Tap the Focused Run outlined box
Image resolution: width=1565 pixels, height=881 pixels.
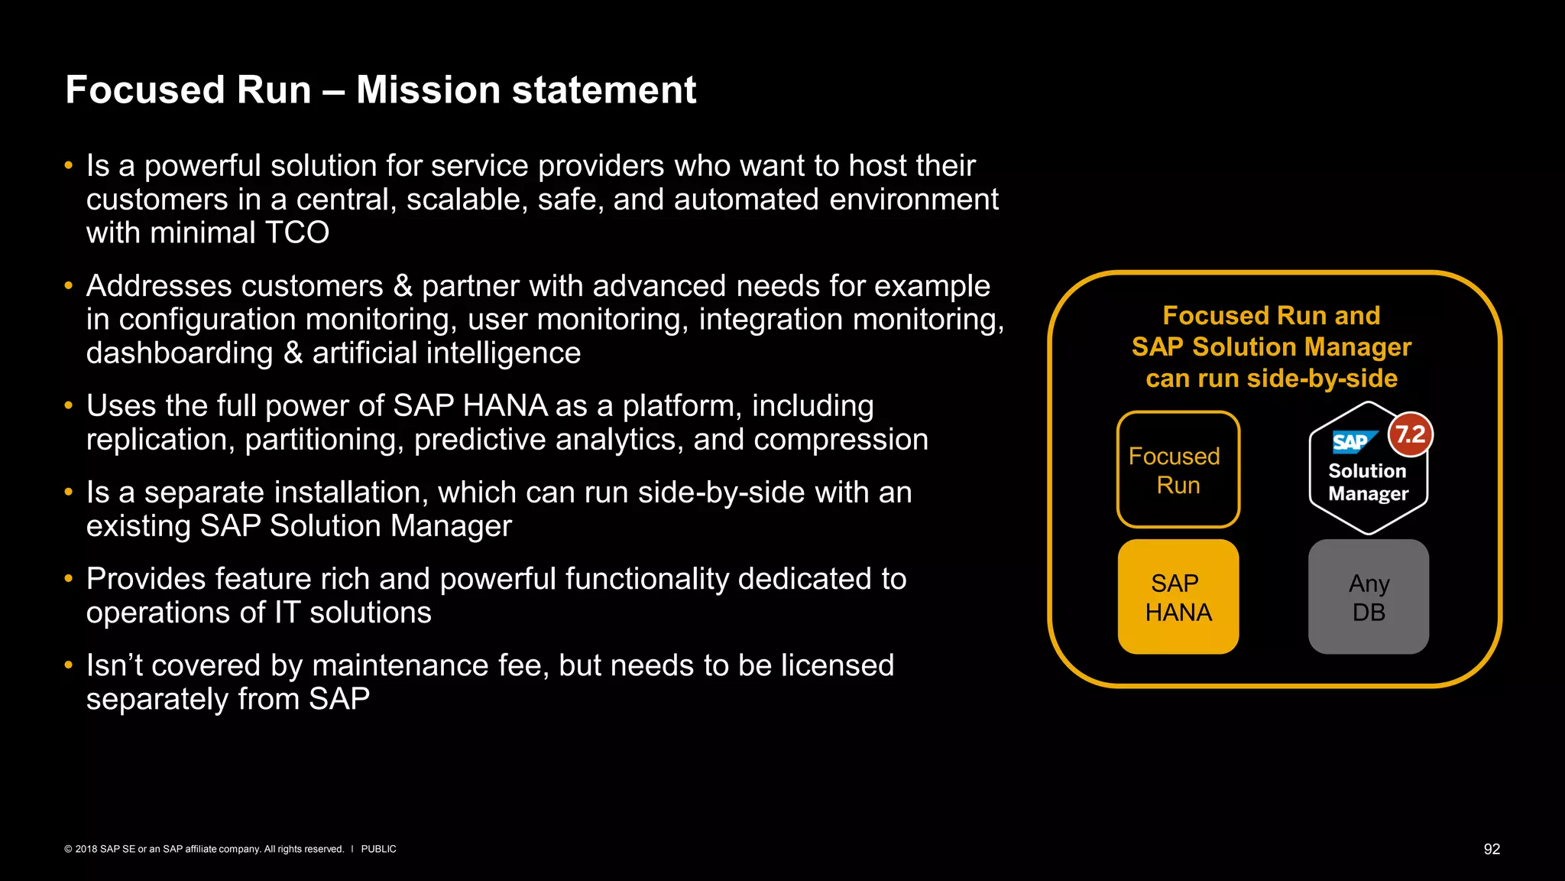coord(1178,470)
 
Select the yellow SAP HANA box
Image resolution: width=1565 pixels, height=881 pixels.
coord(1178,597)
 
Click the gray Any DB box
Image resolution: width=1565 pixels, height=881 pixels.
coord(1368,597)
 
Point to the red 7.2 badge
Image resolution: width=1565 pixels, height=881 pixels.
coord(1410,434)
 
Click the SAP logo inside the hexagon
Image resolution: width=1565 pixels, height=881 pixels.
coord(1351,442)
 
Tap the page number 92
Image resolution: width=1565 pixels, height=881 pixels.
coord(1492,849)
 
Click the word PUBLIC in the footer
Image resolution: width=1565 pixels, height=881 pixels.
coord(378,849)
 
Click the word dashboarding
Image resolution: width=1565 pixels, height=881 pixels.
coord(180,353)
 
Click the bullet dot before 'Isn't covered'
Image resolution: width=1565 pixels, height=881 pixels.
coord(69,665)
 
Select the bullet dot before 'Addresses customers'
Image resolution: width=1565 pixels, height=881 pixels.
coord(69,286)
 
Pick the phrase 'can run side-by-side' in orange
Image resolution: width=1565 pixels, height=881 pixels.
coord(1271,379)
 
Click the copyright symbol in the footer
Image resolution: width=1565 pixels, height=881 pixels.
coord(68,849)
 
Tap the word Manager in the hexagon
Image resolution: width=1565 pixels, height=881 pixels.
coord(1368,494)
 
